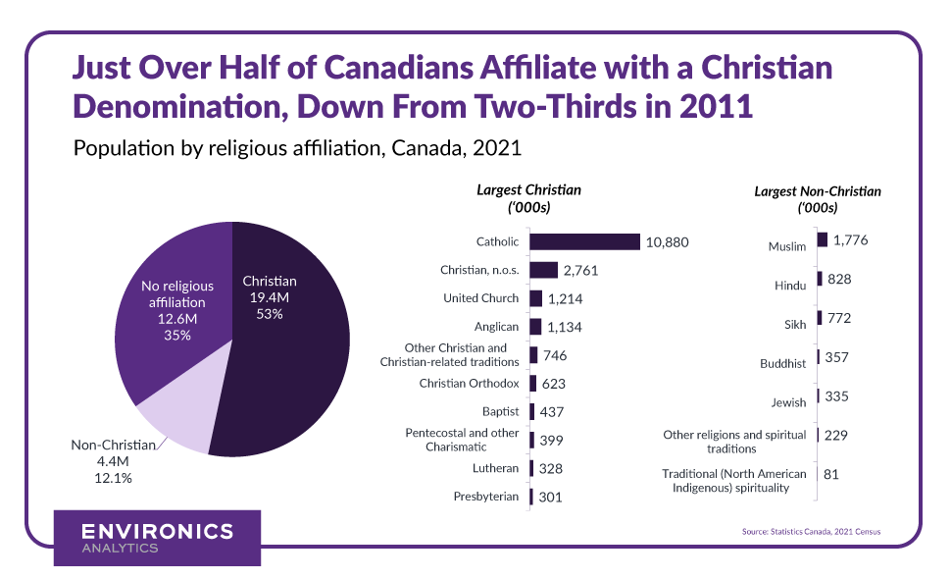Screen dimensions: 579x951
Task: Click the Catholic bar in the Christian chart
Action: tap(584, 242)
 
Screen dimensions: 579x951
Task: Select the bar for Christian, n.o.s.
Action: tap(543, 270)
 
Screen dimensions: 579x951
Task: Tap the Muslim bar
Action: tap(822, 240)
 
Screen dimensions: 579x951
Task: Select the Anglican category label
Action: tap(495, 326)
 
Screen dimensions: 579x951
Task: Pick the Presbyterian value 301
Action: tap(550, 498)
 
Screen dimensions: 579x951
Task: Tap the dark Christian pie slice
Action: tap(294, 363)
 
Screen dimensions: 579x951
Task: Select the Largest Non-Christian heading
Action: tap(817, 199)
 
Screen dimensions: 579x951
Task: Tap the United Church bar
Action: tap(535, 298)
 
